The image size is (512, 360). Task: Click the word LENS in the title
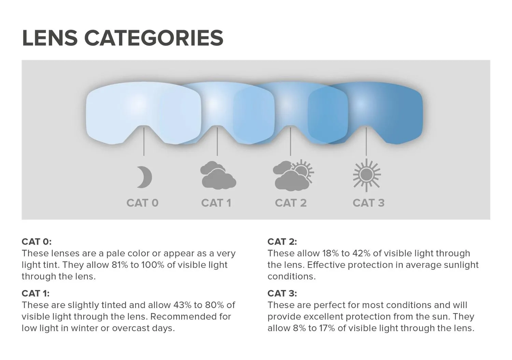point(50,38)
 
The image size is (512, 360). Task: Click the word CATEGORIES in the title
point(154,38)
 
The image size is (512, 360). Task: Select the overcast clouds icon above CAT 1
point(218,175)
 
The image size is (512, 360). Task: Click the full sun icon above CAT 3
point(367,175)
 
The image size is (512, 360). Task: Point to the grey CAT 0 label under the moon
point(142,203)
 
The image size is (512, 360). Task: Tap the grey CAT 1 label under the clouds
point(216,203)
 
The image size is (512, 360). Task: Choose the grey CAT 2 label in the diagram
point(291,203)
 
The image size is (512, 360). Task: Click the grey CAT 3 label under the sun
point(368,203)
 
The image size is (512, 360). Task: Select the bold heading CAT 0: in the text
point(37,241)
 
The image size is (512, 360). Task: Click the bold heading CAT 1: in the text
point(35,293)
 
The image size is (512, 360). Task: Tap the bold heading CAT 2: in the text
point(282,241)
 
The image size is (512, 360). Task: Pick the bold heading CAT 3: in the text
point(282,293)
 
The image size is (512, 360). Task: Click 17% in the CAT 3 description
point(327,328)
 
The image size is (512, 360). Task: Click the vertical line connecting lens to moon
point(144,142)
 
